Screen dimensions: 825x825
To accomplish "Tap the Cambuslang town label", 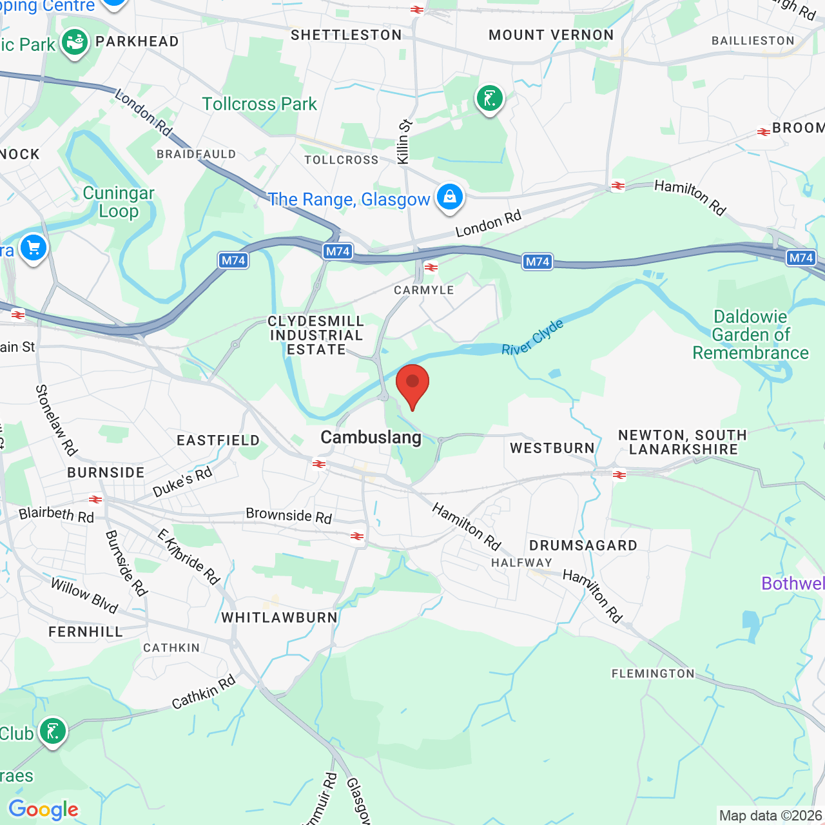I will tap(371, 438).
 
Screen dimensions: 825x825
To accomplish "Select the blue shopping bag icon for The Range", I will tap(449, 197).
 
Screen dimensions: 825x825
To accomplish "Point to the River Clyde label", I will tap(532, 337).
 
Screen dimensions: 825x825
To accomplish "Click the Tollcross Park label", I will tap(259, 104).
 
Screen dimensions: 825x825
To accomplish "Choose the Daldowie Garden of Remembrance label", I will tap(751, 335).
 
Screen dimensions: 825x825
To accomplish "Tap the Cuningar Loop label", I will tap(119, 202).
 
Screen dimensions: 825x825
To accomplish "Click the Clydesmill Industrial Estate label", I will tap(316, 335).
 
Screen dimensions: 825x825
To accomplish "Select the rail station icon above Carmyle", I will tap(431, 267).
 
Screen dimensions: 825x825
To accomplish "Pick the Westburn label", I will tap(552, 448).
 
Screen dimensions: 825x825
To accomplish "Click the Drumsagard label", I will tap(583, 545).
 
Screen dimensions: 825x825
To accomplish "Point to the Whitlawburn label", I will tap(279, 617).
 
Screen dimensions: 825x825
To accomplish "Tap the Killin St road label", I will tap(404, 142).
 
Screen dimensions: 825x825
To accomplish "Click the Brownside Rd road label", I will tap(289, 516).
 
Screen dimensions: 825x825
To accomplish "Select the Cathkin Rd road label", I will tap(204, 692).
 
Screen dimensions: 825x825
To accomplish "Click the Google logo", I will tap(43, 810).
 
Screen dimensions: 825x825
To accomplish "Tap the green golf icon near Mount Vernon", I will tap(490, 99).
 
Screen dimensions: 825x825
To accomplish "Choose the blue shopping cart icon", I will tap(33, 248).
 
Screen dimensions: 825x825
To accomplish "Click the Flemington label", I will tap(653, 674).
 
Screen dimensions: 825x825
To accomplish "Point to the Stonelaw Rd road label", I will tap(56, 420).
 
